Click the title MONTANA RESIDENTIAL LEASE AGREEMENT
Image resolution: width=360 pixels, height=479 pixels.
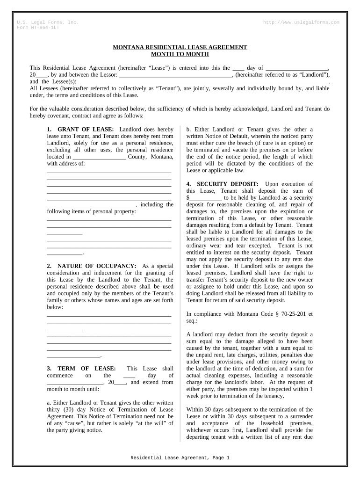click(x=180, y=47)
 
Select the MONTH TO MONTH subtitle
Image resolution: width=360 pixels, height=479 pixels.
click(x=180, y=54)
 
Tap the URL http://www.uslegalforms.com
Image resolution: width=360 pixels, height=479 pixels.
click(x=302, y=22)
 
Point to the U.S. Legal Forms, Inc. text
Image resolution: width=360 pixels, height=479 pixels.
click(x=48, y=22)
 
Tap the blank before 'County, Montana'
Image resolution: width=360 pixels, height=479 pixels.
click(x=99, y=157)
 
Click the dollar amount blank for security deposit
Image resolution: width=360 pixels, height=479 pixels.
click(x=206, y=197)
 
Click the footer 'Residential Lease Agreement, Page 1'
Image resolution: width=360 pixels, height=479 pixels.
click(x=180, y=458)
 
